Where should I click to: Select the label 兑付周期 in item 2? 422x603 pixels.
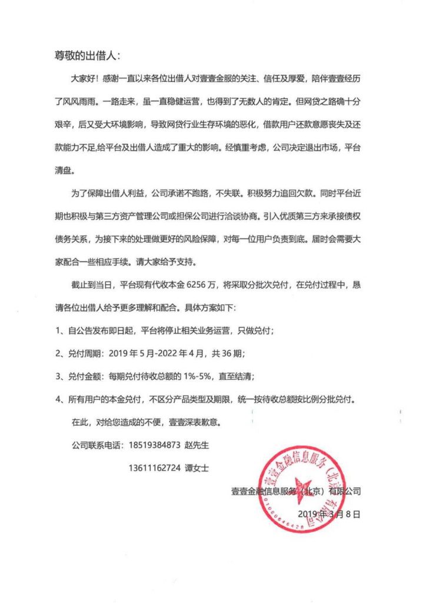(87, 354)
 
